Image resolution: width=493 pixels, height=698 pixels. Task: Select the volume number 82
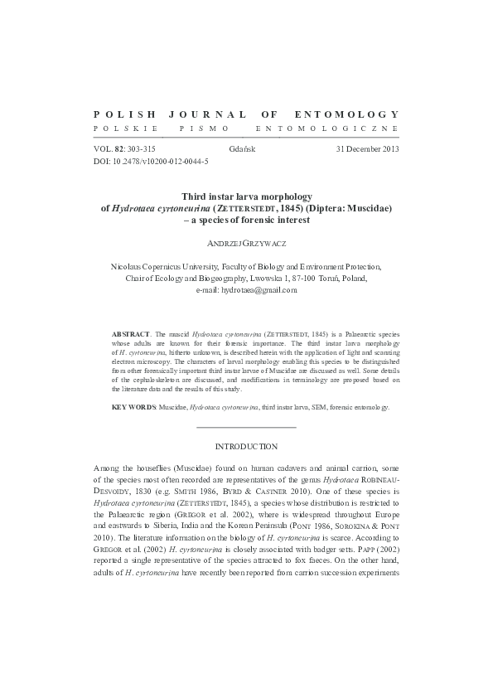(x=119, y=149)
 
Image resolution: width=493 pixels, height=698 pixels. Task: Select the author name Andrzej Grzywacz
(x=246, y=245)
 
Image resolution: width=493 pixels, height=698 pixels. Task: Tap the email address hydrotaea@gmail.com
(x=246, y=290)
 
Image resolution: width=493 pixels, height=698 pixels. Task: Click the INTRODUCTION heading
(x=246, y=446)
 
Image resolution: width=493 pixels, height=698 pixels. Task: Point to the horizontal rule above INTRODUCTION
(x=246, y=427)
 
